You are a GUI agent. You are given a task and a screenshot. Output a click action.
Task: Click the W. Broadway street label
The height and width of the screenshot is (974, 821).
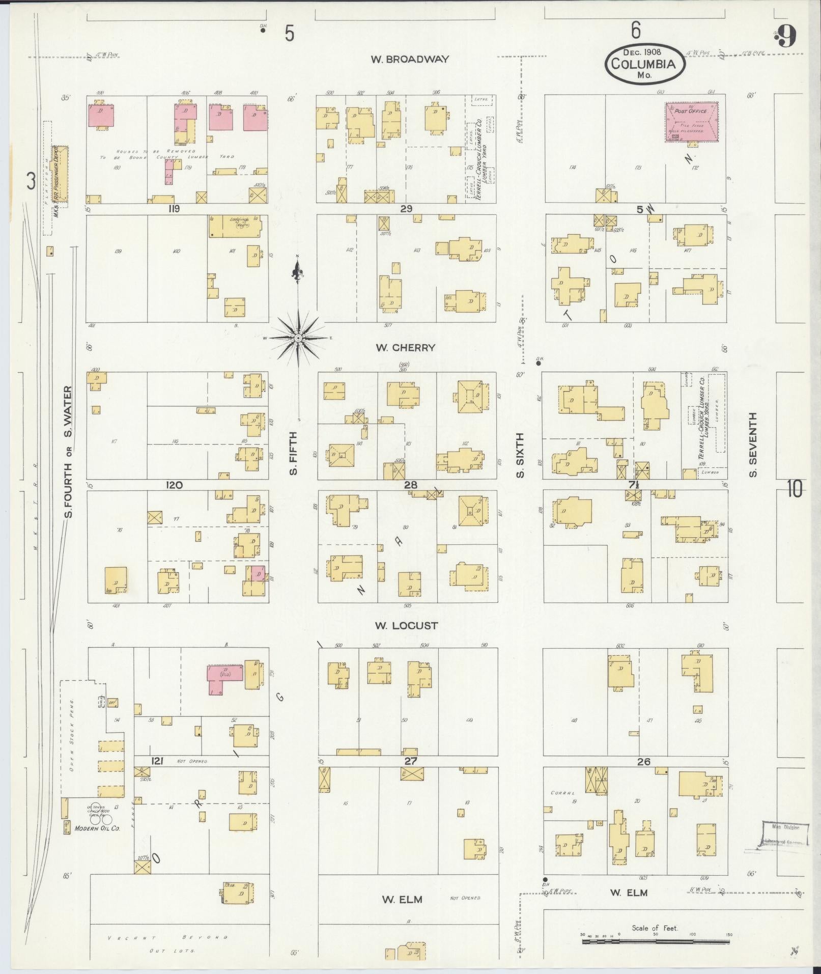coord(410,59)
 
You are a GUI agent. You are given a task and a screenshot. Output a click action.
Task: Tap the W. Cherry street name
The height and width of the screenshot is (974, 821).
coord(406,348)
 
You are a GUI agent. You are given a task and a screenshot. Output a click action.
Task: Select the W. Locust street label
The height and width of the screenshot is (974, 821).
coord(406,626)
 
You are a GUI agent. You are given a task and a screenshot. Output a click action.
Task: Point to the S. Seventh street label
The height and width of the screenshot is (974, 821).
coord(753,444)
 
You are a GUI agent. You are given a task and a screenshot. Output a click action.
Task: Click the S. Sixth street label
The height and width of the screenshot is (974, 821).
coord(520,456)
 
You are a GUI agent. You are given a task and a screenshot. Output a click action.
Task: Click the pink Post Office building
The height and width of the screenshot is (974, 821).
coord(692,122)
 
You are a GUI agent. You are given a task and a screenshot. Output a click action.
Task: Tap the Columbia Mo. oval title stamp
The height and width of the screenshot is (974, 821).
coord(644,64)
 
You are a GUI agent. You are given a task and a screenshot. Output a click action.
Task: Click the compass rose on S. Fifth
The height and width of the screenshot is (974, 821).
coord(298,338)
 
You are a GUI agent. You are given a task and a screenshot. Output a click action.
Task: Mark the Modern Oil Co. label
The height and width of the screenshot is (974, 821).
coord(97,828)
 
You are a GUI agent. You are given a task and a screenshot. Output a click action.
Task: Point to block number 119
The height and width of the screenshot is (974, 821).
coord(175,209)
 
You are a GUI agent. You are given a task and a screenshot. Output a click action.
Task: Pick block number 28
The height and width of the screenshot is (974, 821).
coord(410,485)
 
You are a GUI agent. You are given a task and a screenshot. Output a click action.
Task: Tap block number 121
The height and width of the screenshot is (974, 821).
coord(156,761)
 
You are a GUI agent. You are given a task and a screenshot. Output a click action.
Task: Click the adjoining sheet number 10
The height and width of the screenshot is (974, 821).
coord(795,489)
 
